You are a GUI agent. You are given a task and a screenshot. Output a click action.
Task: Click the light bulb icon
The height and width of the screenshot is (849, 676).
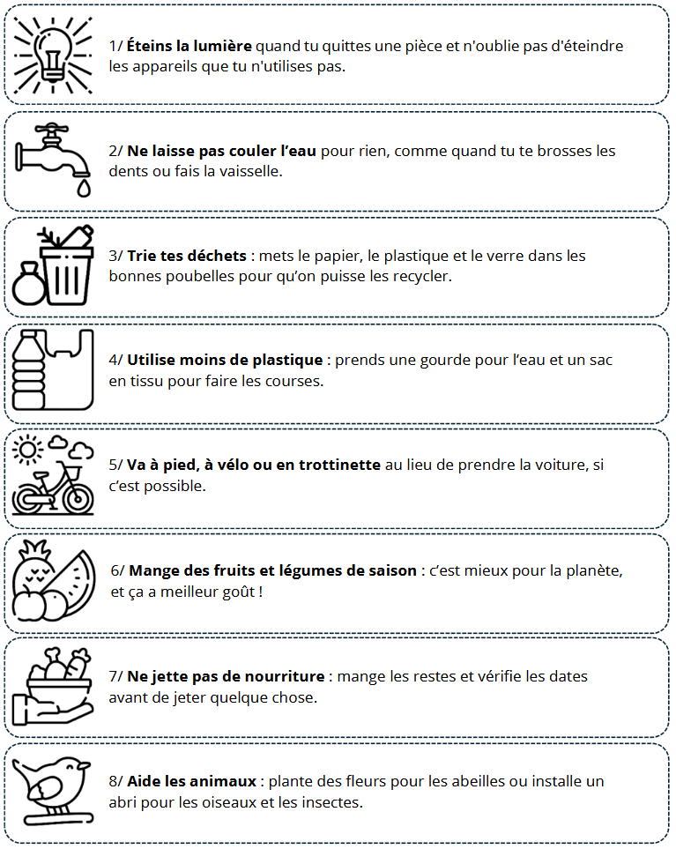53,53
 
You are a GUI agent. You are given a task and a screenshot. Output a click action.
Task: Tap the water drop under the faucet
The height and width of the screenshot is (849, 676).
84,188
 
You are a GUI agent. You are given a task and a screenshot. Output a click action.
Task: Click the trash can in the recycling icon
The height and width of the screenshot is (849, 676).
67,276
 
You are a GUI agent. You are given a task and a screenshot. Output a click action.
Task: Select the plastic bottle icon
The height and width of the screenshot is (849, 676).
29,369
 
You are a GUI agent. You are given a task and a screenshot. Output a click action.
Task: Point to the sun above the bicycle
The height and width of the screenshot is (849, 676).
27,449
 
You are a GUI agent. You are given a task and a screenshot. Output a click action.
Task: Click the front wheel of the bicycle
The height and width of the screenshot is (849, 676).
78,497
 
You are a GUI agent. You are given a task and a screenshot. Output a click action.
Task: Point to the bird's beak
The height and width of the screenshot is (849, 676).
84,765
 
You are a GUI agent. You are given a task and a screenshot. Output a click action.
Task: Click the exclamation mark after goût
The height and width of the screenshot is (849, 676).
261,592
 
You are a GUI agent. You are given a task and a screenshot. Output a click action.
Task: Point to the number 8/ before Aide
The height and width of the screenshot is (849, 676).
115,782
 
